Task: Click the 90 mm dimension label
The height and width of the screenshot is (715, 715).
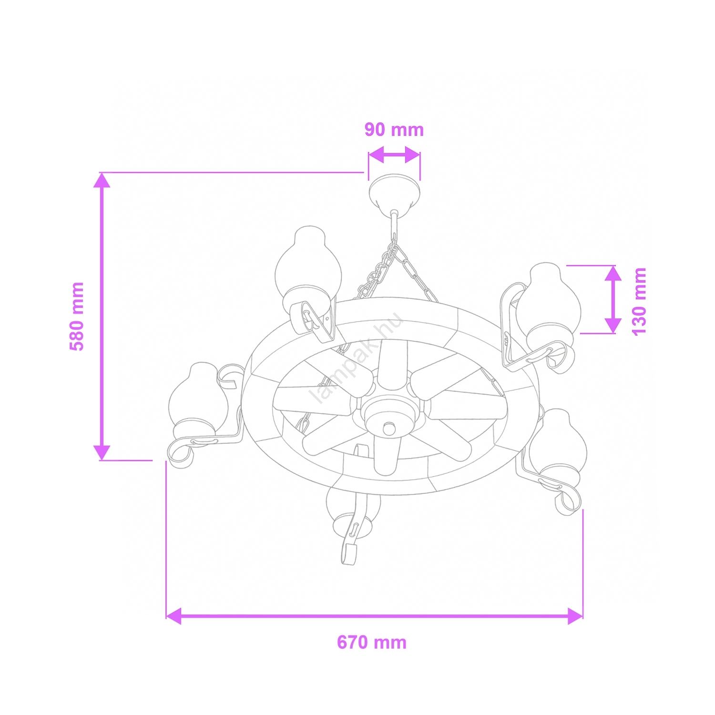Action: point(394,130)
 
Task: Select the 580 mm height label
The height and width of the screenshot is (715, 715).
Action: point(77,317)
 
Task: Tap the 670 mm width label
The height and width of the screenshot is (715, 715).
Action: point(372,643)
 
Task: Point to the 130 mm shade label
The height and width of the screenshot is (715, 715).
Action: point(639,301)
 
